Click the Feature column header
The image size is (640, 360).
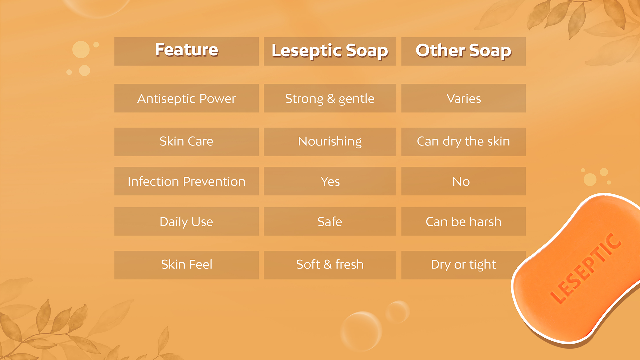[186, 51]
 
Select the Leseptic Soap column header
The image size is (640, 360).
[330, 51]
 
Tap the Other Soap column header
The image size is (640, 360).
[463, 51]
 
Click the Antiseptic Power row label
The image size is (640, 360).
[186, 98]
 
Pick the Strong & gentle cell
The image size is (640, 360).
[330, 98]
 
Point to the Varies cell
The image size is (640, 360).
[463, 98]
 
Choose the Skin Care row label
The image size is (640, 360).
[186, 141]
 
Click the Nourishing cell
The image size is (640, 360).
[330, 141]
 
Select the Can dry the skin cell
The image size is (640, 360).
[463, 141]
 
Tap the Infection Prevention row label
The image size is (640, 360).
[186, 181]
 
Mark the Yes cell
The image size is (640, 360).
[330, 181]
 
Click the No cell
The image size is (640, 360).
[461, 181]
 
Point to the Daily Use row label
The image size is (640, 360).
[186, 222]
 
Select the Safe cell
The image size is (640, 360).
[330, 222]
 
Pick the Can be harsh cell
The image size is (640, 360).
[463, 222]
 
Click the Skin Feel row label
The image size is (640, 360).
[186, 265]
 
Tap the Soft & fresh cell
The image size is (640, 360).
[330, 265]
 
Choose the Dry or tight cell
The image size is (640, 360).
[463, 265]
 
